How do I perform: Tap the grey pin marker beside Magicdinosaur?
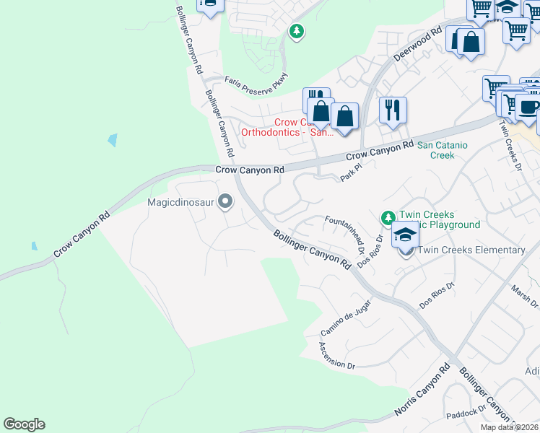[x=225, y=201]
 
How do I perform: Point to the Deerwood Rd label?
[x=417, y=44]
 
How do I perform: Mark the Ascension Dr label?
[x=337, y=355]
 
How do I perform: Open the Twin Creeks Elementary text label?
[x=471, y=250]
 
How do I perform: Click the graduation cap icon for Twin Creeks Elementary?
[x=406, y=235]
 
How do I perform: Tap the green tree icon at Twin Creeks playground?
[x=388, y=217]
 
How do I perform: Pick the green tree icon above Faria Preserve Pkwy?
[x=295, y=31]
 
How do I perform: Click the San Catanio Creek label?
[x=443, y=149]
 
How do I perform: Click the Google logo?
[x=24, y=424]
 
